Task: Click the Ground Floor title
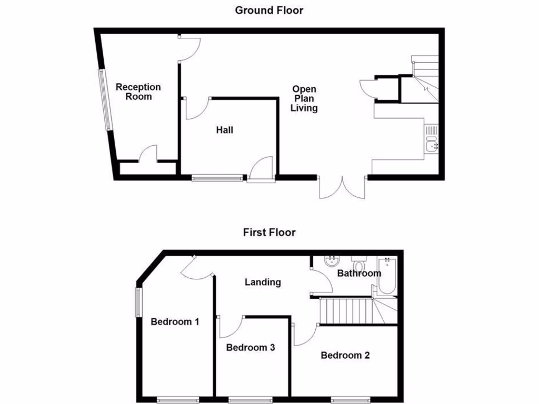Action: (x=269, y=10)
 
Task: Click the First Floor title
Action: (x=269, y=232)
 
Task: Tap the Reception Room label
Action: (x=138, y=92)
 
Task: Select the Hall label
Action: (x=225, y=130)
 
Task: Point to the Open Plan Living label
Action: (x=305, y=99)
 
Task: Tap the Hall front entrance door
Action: (x=261, y=170)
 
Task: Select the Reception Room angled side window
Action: (x=105, y=100)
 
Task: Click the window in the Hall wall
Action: (x=218, y=178)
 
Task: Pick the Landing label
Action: (x=263, y=282)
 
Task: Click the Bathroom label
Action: (x=358, y=274)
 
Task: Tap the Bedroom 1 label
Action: (x=175, y=321)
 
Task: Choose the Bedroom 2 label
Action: (x=345, y=355)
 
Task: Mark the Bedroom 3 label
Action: (x=251, y=348)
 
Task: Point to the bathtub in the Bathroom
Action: (x=387, y=276)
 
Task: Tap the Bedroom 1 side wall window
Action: (x=139, y=301)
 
